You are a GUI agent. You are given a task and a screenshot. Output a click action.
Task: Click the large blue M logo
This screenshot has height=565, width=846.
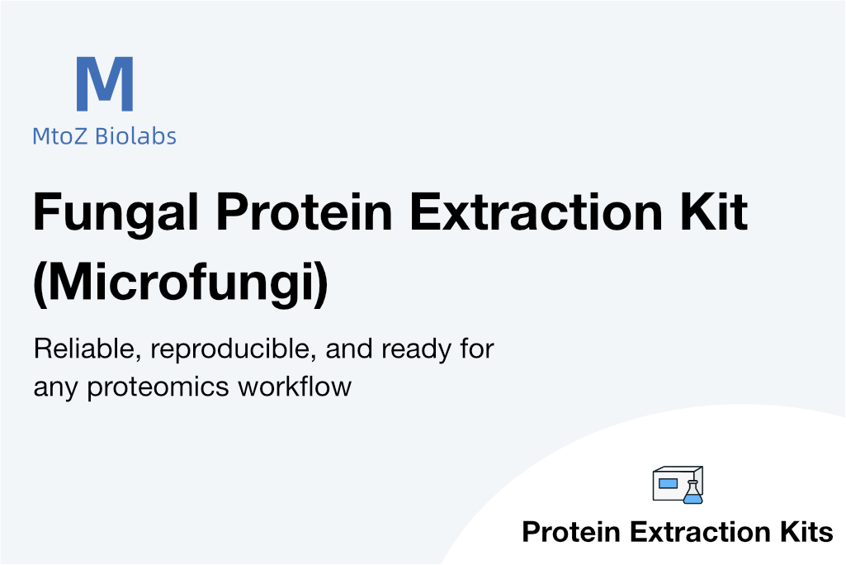pyautogui.click(x=105, y=83)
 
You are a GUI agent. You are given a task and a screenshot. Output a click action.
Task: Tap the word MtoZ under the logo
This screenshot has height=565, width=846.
pyautogui.click(x=59, y=136)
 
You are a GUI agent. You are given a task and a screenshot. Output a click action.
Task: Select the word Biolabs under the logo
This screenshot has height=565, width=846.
pyautogui.click(x=135, y=135)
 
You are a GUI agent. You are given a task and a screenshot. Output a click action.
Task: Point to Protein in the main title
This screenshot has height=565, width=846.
pyautogui.click(x=304, y=211)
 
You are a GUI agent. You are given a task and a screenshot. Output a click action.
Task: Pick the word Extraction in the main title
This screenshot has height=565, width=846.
pyautogui.click(x=535, y=211)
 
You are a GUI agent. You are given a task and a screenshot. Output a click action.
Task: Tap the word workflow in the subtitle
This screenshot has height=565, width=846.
pyautogui.click(x=295, y=387)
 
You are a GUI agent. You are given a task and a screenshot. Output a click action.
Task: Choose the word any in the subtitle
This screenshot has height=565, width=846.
pyautogui.click(x=55, y=389)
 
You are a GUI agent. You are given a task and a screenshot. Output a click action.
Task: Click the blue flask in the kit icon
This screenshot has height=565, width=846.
pyautogui.click(x=692, y=491)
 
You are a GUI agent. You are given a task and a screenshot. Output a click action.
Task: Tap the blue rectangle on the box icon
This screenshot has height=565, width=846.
pyautogui.click(x=668, y=483)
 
